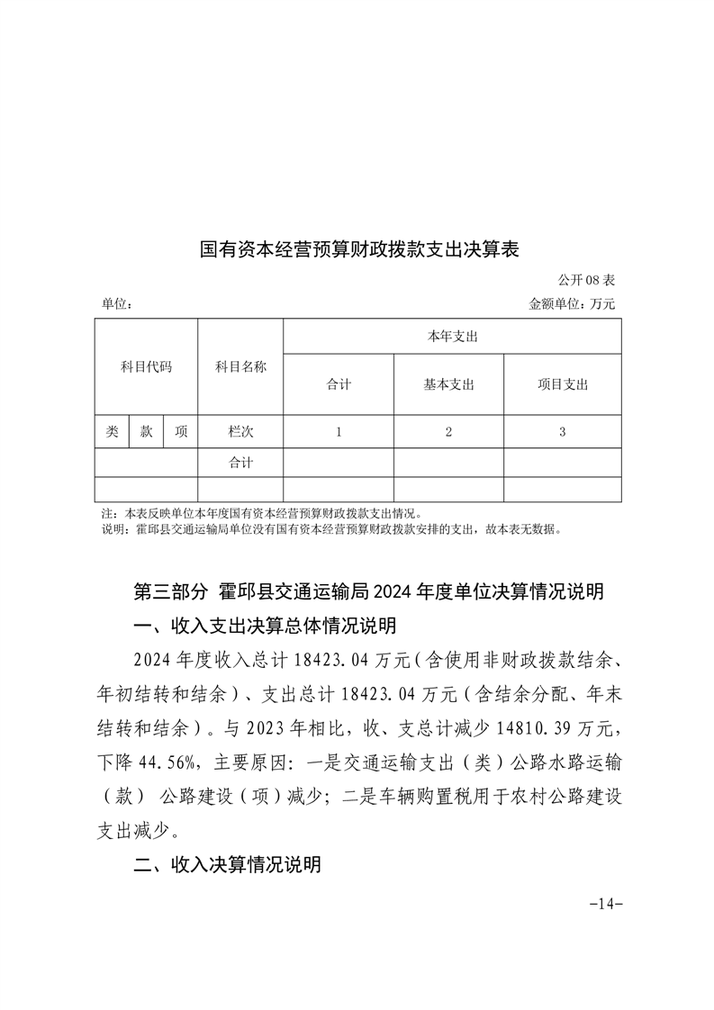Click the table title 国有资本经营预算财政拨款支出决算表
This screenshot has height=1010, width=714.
(x=359, y=248)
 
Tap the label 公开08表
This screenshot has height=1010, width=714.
(x=586, y=282)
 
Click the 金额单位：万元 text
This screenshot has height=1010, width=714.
(x=572, y=305)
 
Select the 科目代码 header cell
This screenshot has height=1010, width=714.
(x=146, y=366)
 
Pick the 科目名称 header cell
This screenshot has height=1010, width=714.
(x=240, y=366)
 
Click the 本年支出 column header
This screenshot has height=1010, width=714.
(x=452, y=336)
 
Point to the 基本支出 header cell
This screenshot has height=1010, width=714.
(x=448, y=384)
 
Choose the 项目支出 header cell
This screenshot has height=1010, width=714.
(x=563, y=384)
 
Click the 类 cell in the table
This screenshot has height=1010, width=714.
(x=112, y=432)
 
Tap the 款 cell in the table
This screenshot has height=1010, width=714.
(x=147, y=432)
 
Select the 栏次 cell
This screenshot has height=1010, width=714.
(x=240, y=432)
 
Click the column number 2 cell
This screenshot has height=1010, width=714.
(x=448, y=432)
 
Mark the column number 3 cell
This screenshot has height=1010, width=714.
(x=563, y=432)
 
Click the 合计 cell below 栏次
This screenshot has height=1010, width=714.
(x=240, y=463)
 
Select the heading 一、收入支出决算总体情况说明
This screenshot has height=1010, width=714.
(x=265, y=626)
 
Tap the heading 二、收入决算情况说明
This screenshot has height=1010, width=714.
(x=227, y=866)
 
